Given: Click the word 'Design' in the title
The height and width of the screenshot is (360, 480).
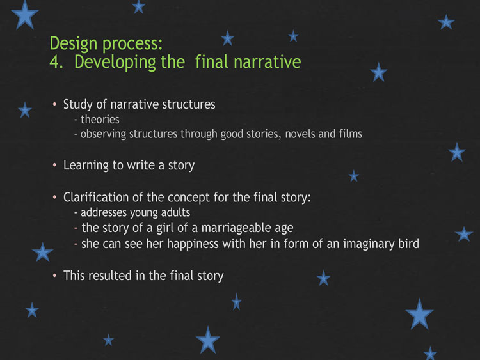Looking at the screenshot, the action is coord(74,43).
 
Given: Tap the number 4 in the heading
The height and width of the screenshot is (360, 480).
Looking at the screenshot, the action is coord(54,62).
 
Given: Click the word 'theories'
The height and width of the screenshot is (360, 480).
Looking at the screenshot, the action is coord(100,120).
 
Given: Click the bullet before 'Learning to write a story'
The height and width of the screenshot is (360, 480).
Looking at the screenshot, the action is coord(54,165).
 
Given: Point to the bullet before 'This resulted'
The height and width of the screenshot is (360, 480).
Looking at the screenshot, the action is coord(54,276).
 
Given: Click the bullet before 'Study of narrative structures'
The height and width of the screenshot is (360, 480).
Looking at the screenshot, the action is coord(54,104).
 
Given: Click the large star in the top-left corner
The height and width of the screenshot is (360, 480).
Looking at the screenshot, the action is coord(25,15).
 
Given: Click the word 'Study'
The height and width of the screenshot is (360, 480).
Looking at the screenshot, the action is coord(77,105).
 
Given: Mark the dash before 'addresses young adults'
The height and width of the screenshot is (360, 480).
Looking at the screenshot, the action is coord(76,213).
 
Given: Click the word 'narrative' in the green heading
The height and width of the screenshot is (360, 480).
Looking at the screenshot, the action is coord(268,62).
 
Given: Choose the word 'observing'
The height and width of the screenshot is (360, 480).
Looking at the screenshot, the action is coord(103,134).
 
